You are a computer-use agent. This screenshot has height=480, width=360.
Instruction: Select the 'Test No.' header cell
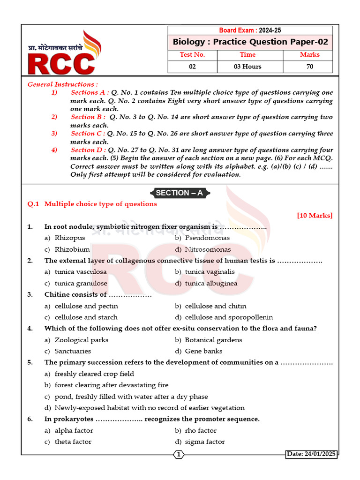click(192, 55)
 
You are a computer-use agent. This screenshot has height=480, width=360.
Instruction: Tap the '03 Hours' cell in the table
click(247, 67)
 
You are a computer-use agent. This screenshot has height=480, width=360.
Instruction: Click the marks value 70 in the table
click(309, 67)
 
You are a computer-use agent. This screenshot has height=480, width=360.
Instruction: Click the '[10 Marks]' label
click(315, 216)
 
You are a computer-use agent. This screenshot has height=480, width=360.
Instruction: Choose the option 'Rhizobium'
click(72, 249)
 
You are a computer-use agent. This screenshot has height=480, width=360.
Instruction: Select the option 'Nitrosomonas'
click(208, 249)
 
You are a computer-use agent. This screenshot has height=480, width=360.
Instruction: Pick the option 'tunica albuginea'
click(211, 283)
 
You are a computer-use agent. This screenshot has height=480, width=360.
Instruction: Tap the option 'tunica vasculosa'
click(80, 272)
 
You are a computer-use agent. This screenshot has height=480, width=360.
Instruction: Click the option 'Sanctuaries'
click(73, 351)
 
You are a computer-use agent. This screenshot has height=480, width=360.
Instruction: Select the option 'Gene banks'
click(203, 351)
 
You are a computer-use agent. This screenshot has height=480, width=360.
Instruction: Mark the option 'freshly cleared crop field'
click(94, 374)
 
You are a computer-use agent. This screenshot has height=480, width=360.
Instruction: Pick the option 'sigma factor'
click(205, 442)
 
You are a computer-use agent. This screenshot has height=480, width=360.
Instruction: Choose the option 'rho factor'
click(201, 431)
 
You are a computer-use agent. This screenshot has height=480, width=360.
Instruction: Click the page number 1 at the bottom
click(179, 454)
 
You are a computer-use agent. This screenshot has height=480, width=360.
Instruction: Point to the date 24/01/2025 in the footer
click(311, 454)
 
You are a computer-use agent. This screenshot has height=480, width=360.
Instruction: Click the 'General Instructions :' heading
click(63, 84)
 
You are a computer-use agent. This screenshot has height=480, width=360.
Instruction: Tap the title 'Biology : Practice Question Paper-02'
click(250, 42)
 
